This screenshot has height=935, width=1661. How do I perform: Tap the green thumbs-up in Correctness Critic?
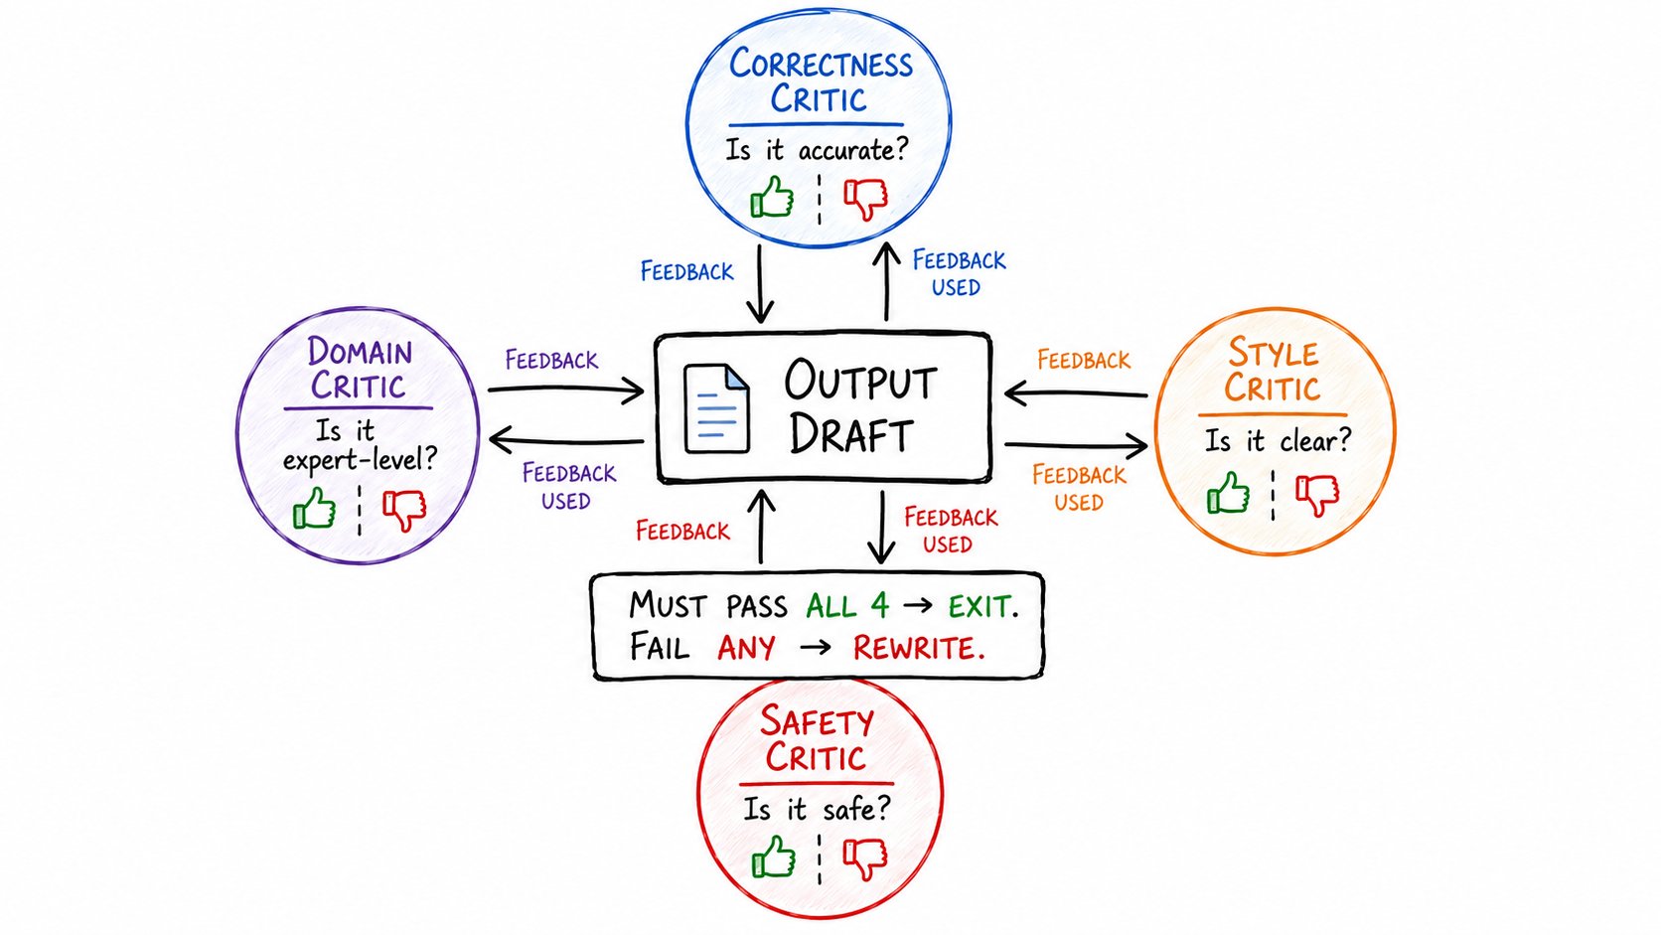[772, 197]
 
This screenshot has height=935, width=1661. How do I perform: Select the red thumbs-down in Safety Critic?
[865, 857]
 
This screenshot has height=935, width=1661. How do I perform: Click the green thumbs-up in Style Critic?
[1228, 492]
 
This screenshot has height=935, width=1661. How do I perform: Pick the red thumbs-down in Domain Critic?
[404, 510]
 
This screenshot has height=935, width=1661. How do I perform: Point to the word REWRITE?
[919, 648]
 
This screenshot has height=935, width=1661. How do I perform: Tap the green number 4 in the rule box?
[879, 606]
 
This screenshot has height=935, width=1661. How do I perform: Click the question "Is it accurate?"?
[817, 150]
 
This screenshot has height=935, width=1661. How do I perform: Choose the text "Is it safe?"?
[817, 809]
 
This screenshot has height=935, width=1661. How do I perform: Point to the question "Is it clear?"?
[1278, 441]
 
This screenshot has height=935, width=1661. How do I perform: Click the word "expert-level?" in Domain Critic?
[361, 460]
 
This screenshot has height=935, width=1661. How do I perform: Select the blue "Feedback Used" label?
[958, 273]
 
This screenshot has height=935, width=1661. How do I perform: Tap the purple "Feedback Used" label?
[568, 487]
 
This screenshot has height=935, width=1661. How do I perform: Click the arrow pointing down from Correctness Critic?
[760, 284]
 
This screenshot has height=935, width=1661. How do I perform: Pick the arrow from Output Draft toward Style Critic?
[1076, 445]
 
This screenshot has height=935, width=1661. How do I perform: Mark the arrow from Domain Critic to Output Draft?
[566, 390]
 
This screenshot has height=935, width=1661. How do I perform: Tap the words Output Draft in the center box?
[860, 407]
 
